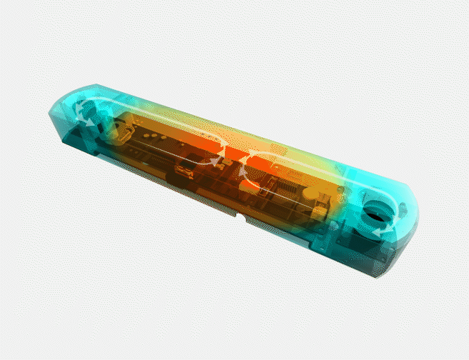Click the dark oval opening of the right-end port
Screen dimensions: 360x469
tap(375, 212)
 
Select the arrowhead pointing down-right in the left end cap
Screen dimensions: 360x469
tap(89, 122)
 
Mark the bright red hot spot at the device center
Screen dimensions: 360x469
tap(236, 157)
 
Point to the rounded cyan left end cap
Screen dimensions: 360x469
tap(68, 114)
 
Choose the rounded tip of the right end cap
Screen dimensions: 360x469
tap(410, 218)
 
